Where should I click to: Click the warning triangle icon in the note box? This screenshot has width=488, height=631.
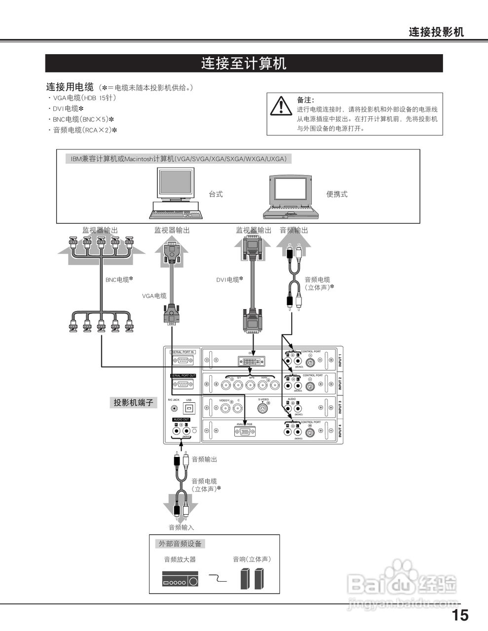pos(281,106)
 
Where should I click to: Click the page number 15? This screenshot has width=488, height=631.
pos(460,615)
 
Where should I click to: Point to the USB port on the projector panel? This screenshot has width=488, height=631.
pos(189,408)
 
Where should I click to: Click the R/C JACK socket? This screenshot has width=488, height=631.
pos(174,408)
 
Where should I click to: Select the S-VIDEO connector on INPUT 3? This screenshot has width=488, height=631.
pos(263,408)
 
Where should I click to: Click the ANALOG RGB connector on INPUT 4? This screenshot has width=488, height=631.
pos(245,432)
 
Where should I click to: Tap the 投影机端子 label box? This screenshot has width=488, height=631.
pos(133,403)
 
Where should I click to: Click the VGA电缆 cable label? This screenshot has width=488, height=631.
pos(154,296)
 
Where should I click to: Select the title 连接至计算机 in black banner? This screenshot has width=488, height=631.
pos(244,64)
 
